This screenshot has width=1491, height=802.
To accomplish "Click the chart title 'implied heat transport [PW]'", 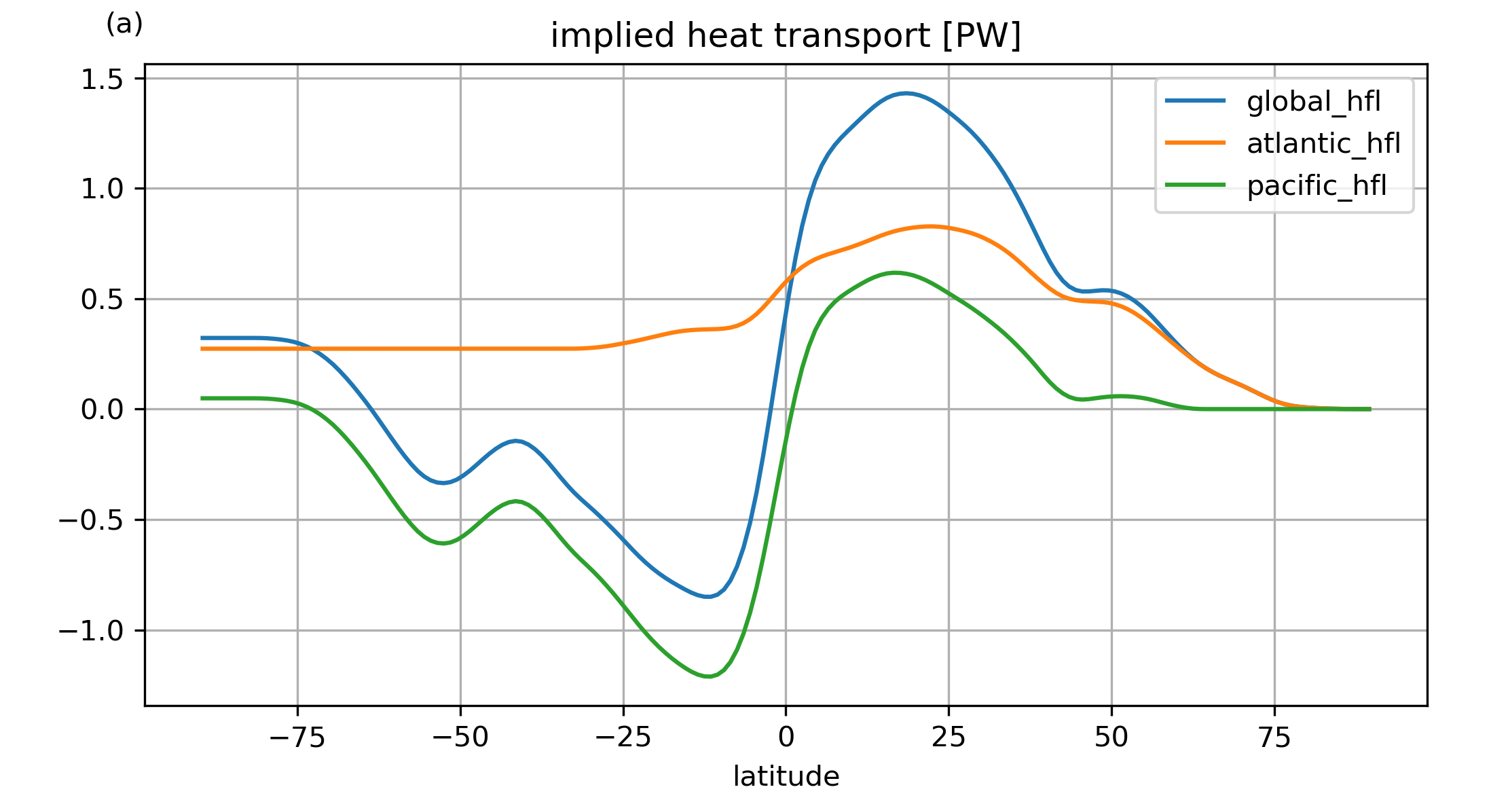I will (786, 36).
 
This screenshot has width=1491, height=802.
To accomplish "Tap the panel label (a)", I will (124, 24).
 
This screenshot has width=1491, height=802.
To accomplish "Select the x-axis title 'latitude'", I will (786, 776).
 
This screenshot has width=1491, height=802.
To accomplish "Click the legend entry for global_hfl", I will (1313, 101).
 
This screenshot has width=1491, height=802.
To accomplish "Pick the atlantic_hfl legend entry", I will (1323, 143).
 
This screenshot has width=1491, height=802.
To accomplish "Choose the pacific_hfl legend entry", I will (1316, 185).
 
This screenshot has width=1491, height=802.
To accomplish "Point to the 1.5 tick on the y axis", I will (102, 79).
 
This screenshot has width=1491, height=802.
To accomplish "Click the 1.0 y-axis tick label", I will (102, 189).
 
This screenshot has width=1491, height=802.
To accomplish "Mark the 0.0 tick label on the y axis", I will (102, 409).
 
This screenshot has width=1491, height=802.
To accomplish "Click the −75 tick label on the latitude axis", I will (297, 737).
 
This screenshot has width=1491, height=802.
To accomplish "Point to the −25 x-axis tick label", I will (623, 737).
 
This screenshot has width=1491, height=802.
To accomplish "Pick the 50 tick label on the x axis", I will (1111, 737).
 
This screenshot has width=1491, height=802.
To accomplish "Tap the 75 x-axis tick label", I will (1274, 737).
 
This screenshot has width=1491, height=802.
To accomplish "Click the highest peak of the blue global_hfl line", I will (906, 94).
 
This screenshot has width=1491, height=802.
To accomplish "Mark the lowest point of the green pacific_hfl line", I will (707, 676).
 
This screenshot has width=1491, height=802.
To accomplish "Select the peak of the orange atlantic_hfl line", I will (929, 227).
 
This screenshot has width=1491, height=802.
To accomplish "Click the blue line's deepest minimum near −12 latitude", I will (707, 597).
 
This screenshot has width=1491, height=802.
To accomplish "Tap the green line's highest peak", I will (895, 273).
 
